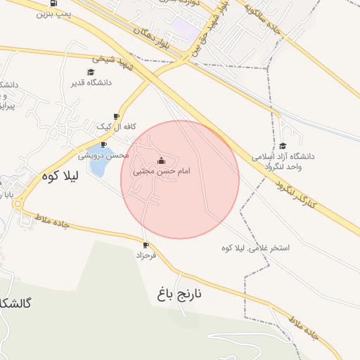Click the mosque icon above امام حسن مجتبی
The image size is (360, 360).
[x=162, y=160]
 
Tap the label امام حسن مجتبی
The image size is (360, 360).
[x=162, y=171]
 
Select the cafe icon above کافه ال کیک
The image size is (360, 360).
[x=116, y=117]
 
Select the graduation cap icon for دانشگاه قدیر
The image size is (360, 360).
[x=91, y=72]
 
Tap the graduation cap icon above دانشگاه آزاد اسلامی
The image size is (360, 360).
[x=282, y=146]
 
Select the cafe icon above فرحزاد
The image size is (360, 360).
[x=146, y=245]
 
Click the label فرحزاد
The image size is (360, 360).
[x=146, y=256]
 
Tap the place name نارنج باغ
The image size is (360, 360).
[x=179, y=293]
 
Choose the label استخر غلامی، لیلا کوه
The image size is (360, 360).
[x=255, y=248]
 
